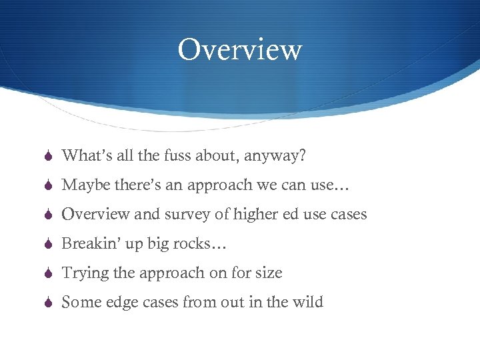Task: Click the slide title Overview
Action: pos(239,50)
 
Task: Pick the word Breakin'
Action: pos(89,244)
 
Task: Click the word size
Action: pos(268,273)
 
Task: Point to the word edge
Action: pos(125,303)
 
